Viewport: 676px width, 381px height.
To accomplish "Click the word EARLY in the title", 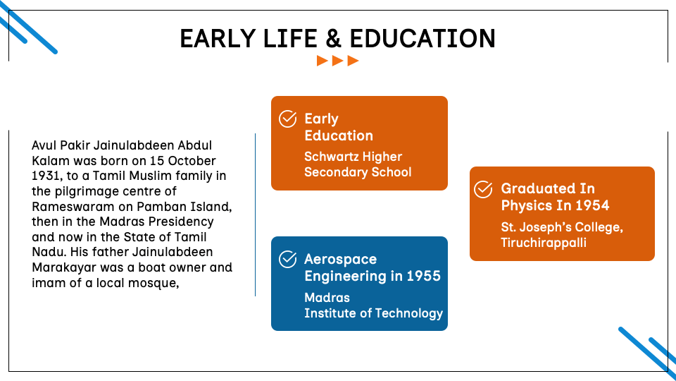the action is click(218, 38).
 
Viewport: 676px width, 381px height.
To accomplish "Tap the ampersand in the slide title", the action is click(333, 38).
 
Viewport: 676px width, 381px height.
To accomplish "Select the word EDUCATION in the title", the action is click(423, 38).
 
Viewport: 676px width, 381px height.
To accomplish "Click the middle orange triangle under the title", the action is click(337, 61).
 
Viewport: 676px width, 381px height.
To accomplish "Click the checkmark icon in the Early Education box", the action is click(287, 119).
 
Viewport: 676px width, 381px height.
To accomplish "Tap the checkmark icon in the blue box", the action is click(287, 259).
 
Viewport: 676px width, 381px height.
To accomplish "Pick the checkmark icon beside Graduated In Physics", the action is click(483, 189).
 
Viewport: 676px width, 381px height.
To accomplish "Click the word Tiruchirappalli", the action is click(543, 242).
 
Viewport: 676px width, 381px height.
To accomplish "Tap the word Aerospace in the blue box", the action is click(341, 259).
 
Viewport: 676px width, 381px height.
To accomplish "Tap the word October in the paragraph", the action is click(192, 161).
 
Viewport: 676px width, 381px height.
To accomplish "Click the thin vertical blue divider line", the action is click(255, 214).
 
